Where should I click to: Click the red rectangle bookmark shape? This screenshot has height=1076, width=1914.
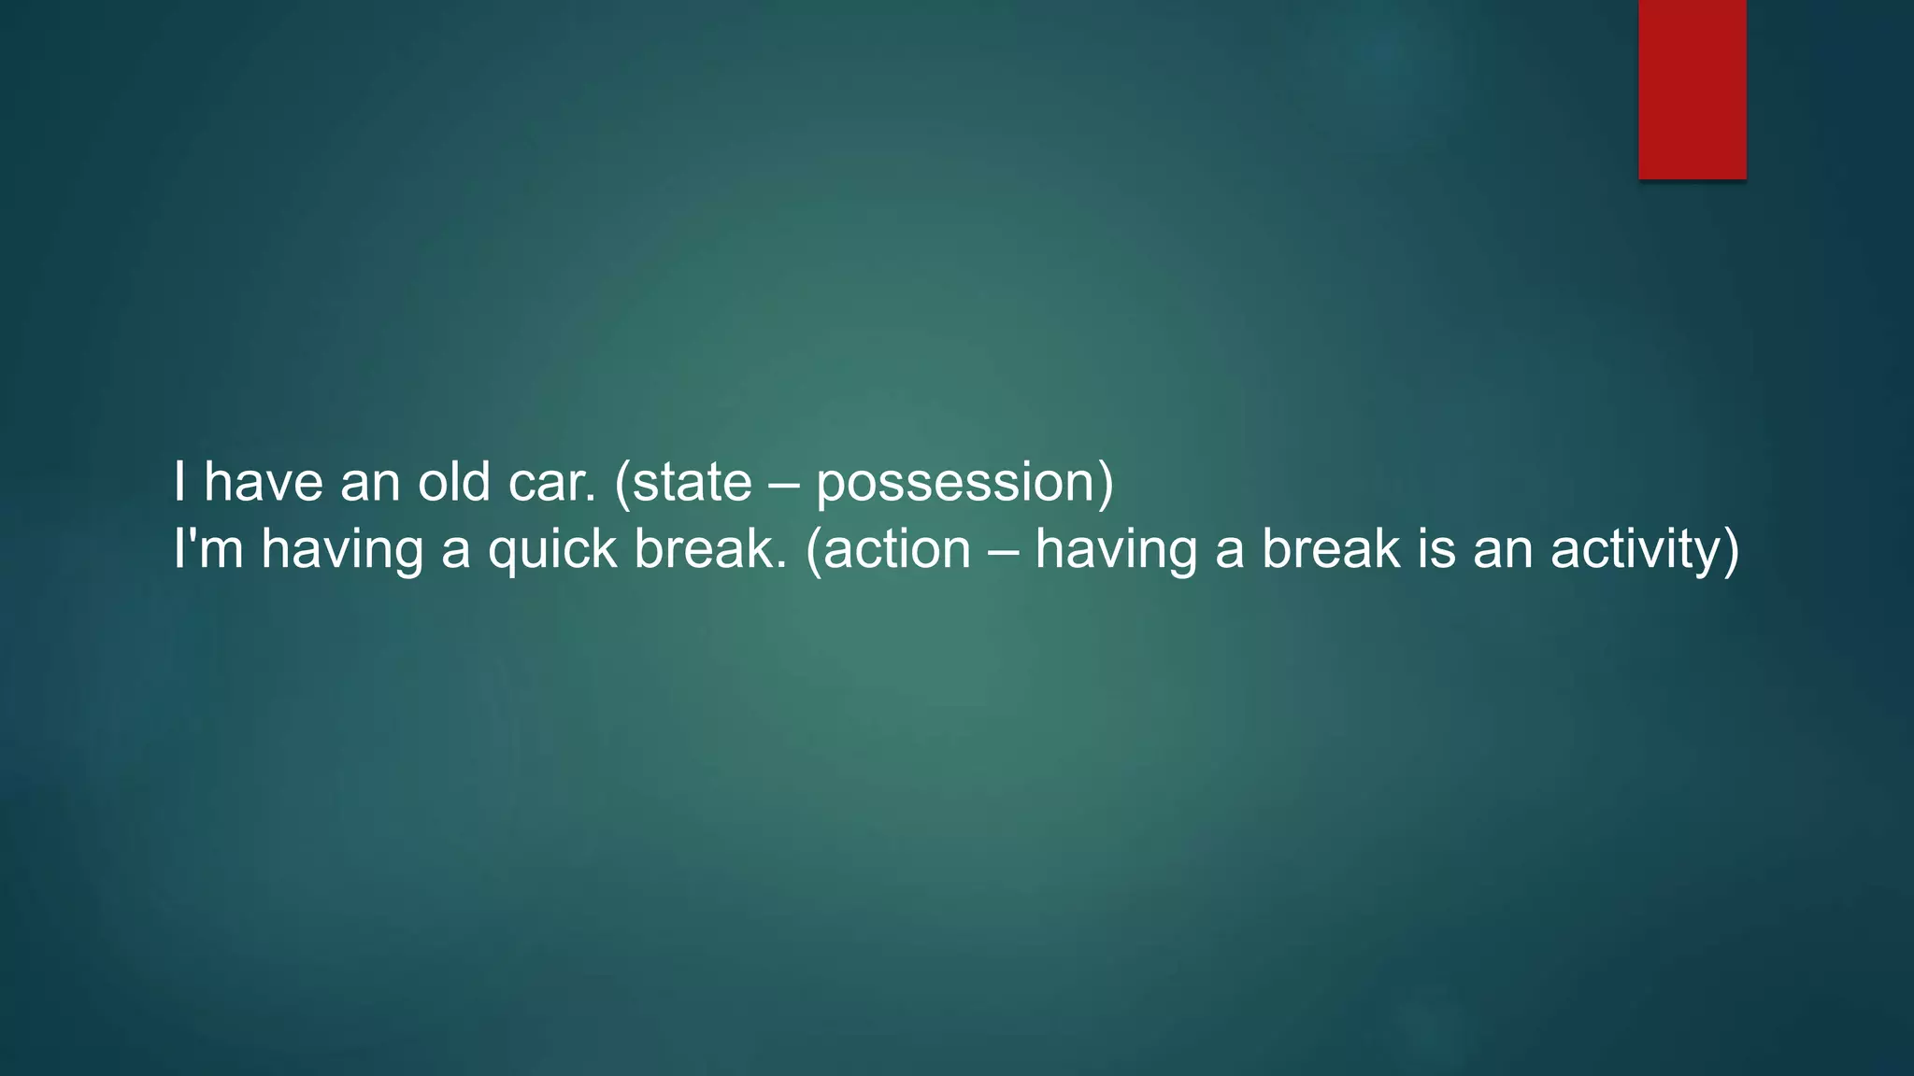1692,89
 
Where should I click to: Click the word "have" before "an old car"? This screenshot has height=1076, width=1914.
264,482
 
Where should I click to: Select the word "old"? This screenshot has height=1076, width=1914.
453,482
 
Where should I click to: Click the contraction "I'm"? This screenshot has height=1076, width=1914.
208,548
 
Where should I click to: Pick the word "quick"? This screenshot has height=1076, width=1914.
551,550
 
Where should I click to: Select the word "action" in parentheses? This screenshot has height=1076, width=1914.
896,548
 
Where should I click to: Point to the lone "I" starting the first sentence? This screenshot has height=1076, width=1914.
179,482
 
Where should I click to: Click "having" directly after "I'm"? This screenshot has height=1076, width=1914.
342,550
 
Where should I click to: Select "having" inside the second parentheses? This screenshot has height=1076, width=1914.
1116,550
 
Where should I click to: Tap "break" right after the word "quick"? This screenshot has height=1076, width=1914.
708,548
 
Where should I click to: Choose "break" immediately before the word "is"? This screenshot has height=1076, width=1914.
1331,548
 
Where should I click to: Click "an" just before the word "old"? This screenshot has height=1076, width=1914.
370,484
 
